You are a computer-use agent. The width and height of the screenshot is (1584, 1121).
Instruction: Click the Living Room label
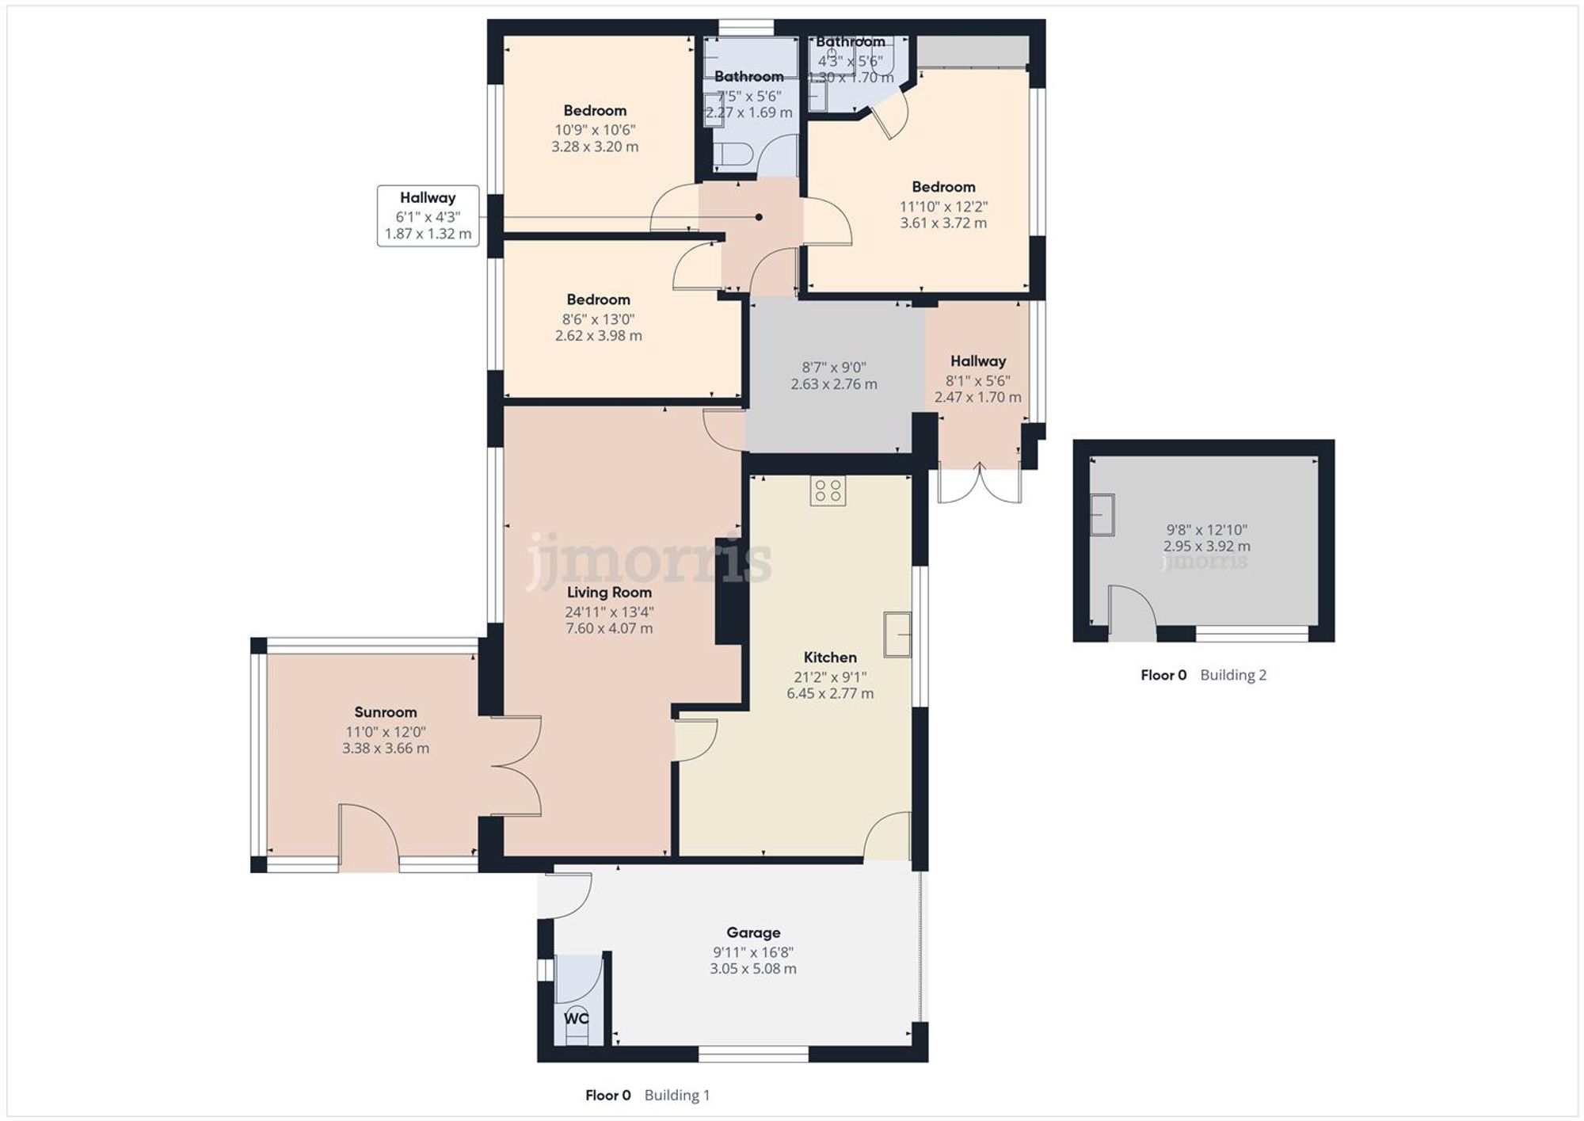tap(609, 593)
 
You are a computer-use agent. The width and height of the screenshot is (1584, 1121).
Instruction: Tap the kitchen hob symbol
tap(828, 490)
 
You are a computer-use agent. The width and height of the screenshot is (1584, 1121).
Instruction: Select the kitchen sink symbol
tap(897, 634)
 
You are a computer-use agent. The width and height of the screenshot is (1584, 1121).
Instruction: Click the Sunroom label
tap(385, 712)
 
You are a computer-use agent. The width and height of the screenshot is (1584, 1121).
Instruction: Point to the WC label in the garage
tap(576, 1018)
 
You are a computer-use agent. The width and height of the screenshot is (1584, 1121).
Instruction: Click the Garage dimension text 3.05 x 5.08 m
tap(753, 969)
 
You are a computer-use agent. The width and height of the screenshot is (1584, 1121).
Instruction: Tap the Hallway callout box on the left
tap(428, 215)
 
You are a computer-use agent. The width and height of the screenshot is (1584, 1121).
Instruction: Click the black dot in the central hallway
tap(759, 217)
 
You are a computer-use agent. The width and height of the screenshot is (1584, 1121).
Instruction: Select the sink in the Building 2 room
tap(1102, 515)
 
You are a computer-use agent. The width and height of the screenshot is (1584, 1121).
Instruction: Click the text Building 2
tap(1233, 675)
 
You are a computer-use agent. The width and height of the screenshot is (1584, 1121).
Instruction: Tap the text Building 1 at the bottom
tap(677, 1096)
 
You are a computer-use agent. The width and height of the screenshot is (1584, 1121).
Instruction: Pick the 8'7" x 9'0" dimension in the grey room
tap(834, 368)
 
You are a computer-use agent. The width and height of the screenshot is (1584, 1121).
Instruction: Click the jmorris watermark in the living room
tap(649, 561)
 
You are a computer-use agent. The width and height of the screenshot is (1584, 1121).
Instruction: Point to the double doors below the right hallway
tap(980, 484)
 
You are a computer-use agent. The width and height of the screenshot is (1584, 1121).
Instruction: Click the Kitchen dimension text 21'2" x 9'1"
tap(830, 677)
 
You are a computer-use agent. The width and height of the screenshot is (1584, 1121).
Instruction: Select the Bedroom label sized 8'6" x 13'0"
tap(598, 299)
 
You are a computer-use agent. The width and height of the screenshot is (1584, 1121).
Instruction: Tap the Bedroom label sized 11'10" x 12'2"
tap(943, 187)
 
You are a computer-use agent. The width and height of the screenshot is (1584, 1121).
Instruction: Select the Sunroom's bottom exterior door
tap(368, 840)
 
